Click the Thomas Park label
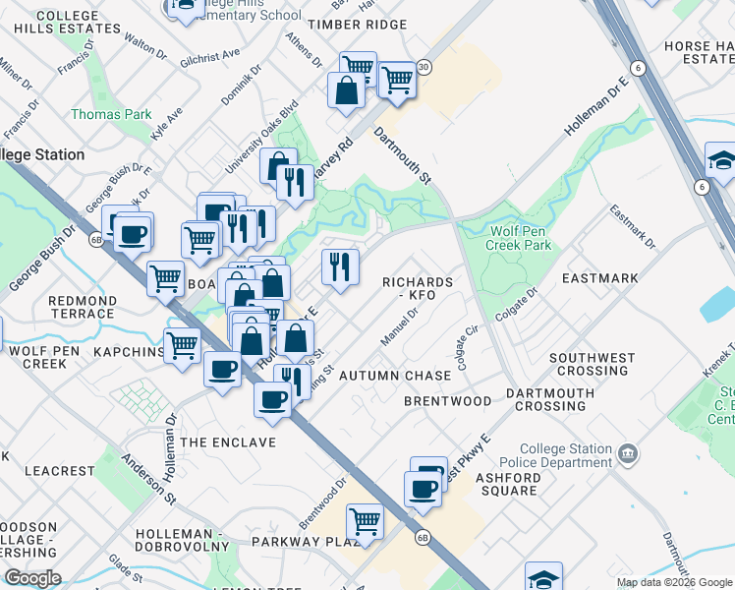point(111,115)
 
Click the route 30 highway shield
point(424,67)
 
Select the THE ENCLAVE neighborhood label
point(228,442)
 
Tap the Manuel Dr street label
point(400,326)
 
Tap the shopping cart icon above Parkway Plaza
point(365,520)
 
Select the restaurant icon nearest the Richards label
point(340,265)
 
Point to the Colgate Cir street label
point(467,350)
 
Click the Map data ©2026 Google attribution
point(674,582)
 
